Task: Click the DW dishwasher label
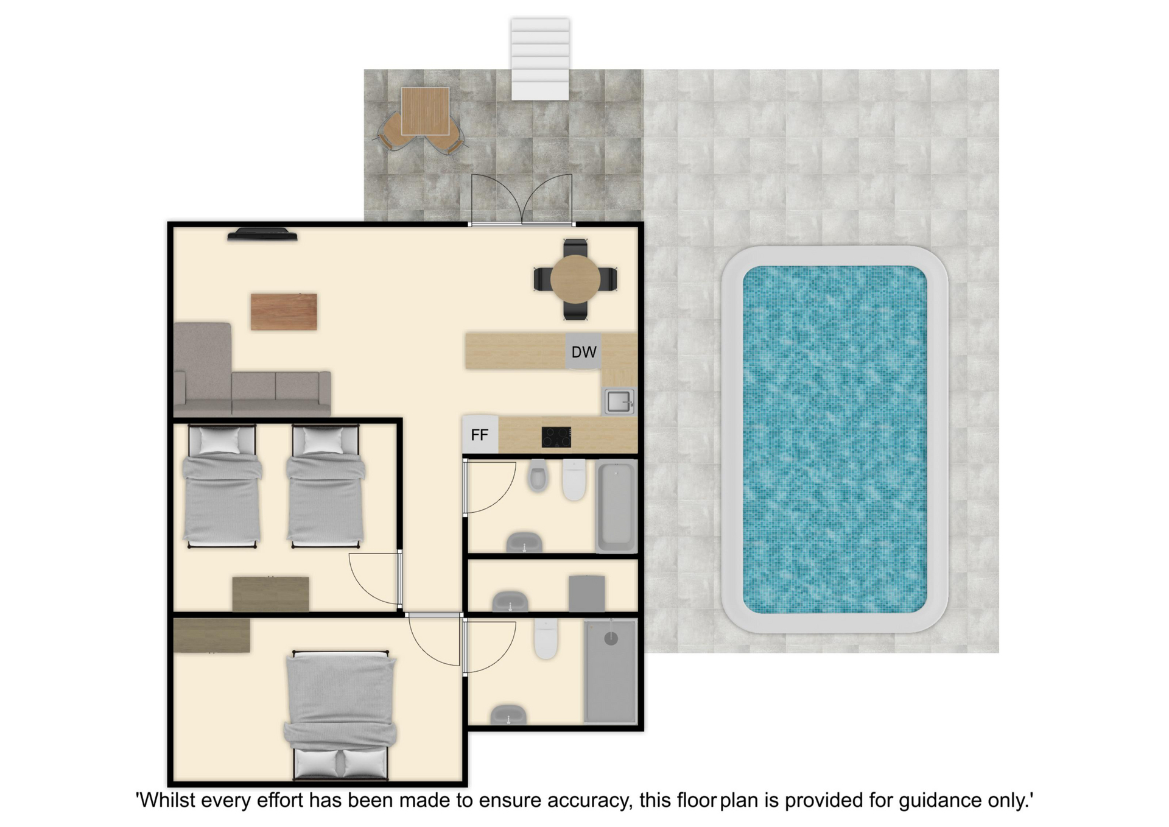pyautogui.click(x=583, y=352)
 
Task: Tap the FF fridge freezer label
pyautogui.click(x=480, y=435)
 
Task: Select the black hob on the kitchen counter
pyautogui.click(x=556, y=437)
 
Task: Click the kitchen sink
pyautogui.click(x=619, y=402)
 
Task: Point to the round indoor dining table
pyautogui.click(x=575, y=279)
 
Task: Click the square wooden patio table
pyautogui.click(x=425, y=111)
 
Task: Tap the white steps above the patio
pyautogui.click(x=540, y=59)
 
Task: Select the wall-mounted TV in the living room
pyautogui.click(x=262, y=234)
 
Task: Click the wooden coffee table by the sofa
pyautogui.click(x=284, y=312)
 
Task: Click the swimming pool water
pyautogui.click(x=835, y=439)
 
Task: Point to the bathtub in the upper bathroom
pyautogui.click(x=616, y=506)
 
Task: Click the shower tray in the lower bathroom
pyautogui.click(x=611, y=672)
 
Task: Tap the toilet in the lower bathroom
pyautogui.click(x=546, y=639)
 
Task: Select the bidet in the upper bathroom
pyautogui.click(x=538, y=475)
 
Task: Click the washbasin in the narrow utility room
pyautogui.click(x=510, y=601)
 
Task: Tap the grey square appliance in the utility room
pyautogui.click(x=587, y=593)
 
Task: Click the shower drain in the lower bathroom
pyautogui.click(x=611, y=638)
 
